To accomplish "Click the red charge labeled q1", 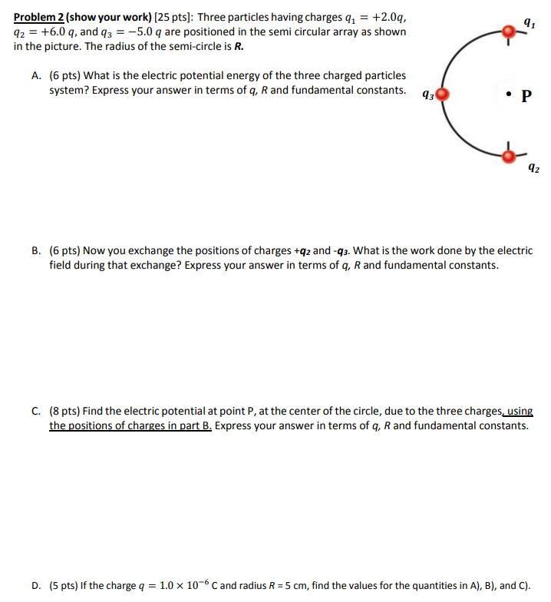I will click(x=507, y=31).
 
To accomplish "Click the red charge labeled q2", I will click(x=507, y=156).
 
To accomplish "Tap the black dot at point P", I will click(x=508, y=96).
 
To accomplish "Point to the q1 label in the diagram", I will click(x=528, y=23).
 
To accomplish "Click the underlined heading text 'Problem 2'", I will click(x=38, y=17).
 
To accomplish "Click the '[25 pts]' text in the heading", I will click(x=174, y=17).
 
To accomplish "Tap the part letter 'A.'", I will click(x=37, y=75).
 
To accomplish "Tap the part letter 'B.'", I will click(x=37, y=250).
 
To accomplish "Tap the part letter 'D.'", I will click(x=37, y=585).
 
